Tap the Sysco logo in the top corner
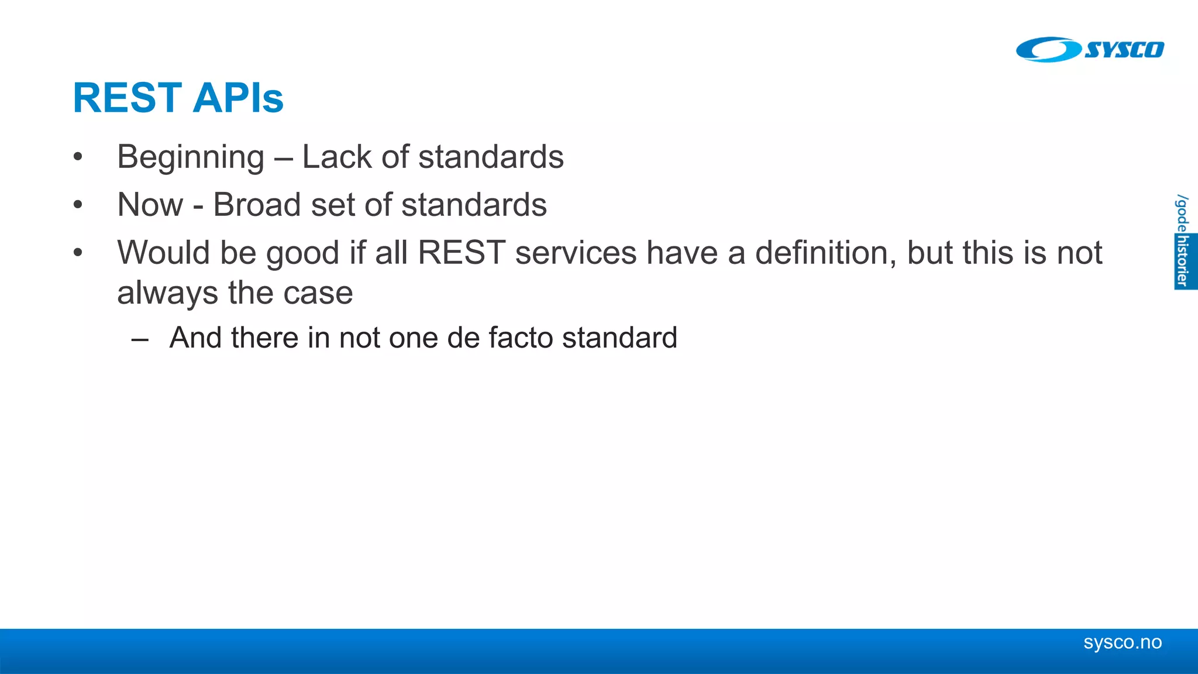coord(1089,49)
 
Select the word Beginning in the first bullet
coord(191,157)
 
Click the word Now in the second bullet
coord(150,205)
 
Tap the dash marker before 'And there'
coord(140,338)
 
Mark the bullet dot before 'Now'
coord(78,205)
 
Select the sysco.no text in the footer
coord(1122,642)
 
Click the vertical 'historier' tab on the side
coord(1184,261)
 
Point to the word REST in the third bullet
coord(462,253)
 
